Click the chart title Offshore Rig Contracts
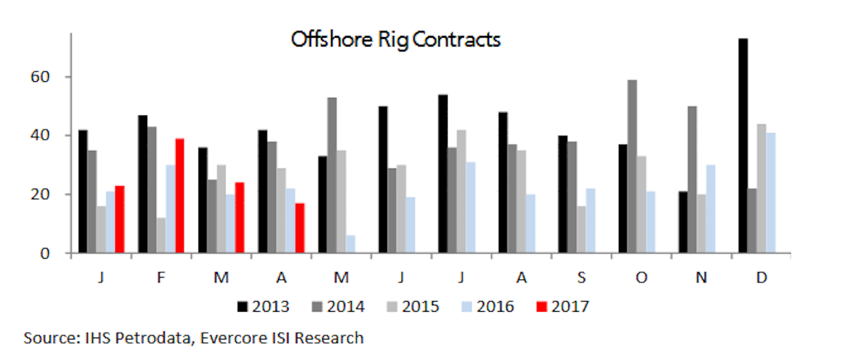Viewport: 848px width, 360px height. (x=395, y=39)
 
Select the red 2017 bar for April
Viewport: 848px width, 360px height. (x=300, y=228)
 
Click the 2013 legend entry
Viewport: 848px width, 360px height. (x=263, y=306)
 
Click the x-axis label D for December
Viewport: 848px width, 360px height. (x=761, y=278)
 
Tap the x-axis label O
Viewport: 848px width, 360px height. (x=641, y=278)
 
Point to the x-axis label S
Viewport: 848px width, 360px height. (x=581, y=278)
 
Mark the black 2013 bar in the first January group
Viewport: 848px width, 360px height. (x=82, y=191)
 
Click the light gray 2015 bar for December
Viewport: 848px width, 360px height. (x=761, y=189)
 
